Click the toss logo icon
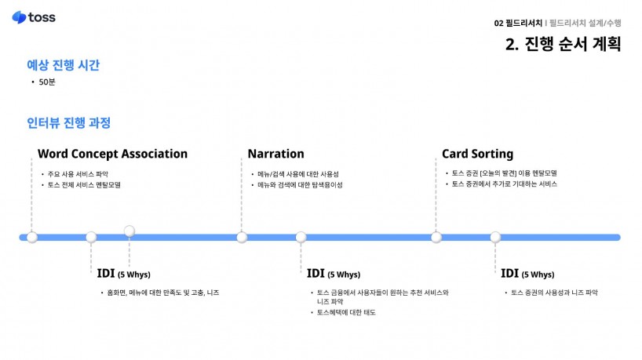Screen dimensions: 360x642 (19, 17)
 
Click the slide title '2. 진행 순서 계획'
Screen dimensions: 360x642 (563, 44)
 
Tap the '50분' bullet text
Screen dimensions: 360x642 (47, 82)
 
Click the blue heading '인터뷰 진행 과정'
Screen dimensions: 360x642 (68, 123)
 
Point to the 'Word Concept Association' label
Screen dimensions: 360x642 (112, 154)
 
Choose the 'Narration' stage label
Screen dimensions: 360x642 (275, 154)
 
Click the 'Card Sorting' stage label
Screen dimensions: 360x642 (477, 154)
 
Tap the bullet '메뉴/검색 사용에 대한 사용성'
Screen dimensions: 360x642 (297, 173)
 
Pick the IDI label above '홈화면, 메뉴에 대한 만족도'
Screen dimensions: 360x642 (123, 274)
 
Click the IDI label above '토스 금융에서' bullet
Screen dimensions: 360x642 (333, 274)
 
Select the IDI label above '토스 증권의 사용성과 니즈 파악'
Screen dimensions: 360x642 (527, 274)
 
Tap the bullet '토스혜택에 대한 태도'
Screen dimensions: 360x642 (346, 313)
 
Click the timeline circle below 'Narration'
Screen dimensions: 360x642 (242, 237)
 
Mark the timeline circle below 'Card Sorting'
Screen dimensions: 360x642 (436, 237)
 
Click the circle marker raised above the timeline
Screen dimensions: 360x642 (129, 230)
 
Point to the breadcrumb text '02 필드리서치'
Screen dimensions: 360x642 (518, 23)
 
